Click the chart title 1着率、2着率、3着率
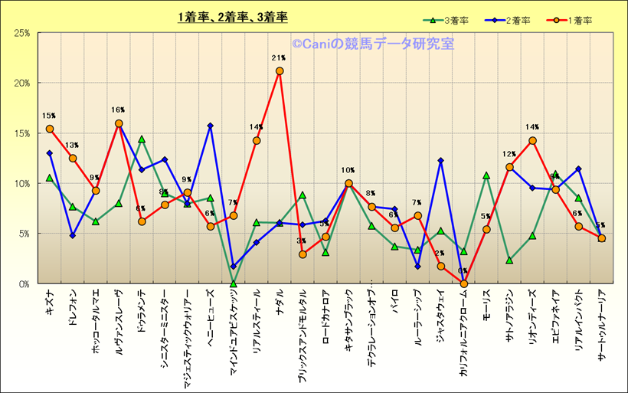click(x=232, y=16)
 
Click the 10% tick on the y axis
click(x=21, y=183)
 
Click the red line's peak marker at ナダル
click(x=280, y=71)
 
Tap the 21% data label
click(x=278, y=57)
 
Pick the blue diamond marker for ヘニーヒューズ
click(x=211, y=126)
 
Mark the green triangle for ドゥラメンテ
click(x=142, y=139)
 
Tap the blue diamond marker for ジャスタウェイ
click(x=440, y=161)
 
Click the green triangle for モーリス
click(x=486, y=175)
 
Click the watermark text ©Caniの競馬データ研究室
click(x=372, y=44)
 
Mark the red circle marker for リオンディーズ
click(x=532, y=141)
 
